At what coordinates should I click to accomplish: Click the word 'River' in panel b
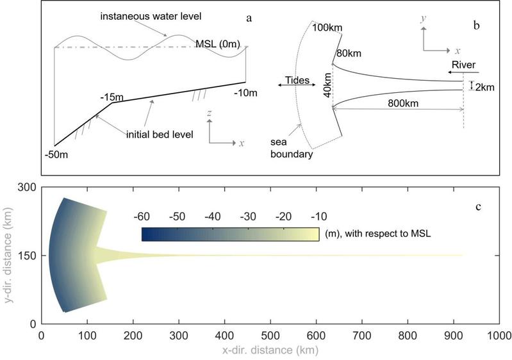[x=464, y=65]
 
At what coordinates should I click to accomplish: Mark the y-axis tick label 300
[x=26, y=187]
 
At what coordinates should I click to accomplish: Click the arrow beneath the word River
[x=465, y=74]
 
